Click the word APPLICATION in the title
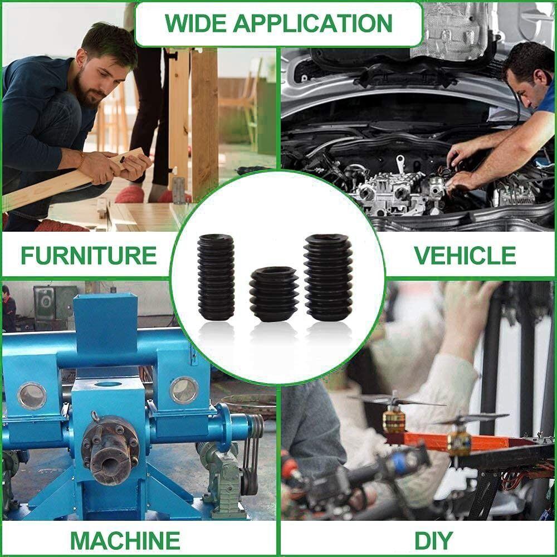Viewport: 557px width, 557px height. coord(313,23)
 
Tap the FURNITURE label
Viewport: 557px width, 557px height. coord(89,255)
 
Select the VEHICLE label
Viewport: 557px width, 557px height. coord(465,255)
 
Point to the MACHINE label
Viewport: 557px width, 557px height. coord(125,541)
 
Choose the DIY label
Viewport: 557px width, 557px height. coord(434,541)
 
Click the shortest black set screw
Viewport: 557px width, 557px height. coord(273,294)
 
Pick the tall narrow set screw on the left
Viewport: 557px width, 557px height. coord(216,277)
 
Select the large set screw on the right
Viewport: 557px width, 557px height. coord(329,277)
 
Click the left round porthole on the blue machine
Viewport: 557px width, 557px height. coord(32,395)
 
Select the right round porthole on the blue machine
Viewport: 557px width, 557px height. coord(184,390)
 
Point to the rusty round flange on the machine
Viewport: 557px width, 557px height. coord(110,451)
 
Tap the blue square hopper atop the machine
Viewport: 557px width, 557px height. coord(105,323)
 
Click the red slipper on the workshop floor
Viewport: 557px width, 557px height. coord(130,194)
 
